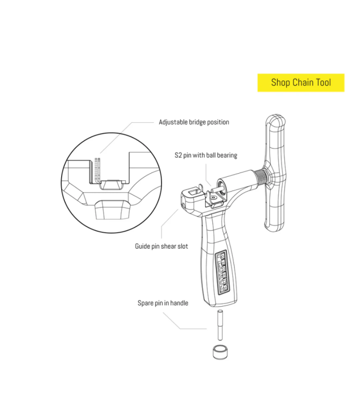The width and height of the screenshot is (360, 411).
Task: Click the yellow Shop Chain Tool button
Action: (x=301, y=83)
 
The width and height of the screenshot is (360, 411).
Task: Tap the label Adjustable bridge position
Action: (x=194, y=122)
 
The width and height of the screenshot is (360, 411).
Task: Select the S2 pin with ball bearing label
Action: (x=206, y=155)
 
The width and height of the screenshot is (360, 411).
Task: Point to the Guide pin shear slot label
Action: (x=161, y=246)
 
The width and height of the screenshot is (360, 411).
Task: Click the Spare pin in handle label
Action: (x=163, y=303)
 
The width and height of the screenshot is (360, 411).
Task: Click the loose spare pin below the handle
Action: (x=220, y=325)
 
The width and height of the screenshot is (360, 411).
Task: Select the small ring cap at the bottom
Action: (x=220, y=352)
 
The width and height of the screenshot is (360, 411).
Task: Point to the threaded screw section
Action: (x=260, y=177)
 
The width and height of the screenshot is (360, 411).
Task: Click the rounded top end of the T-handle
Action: (x=276, y=120)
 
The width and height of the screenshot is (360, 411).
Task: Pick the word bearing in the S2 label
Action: (x=227, y=156)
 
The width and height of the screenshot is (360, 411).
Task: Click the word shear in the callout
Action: (x=168, y=246)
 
